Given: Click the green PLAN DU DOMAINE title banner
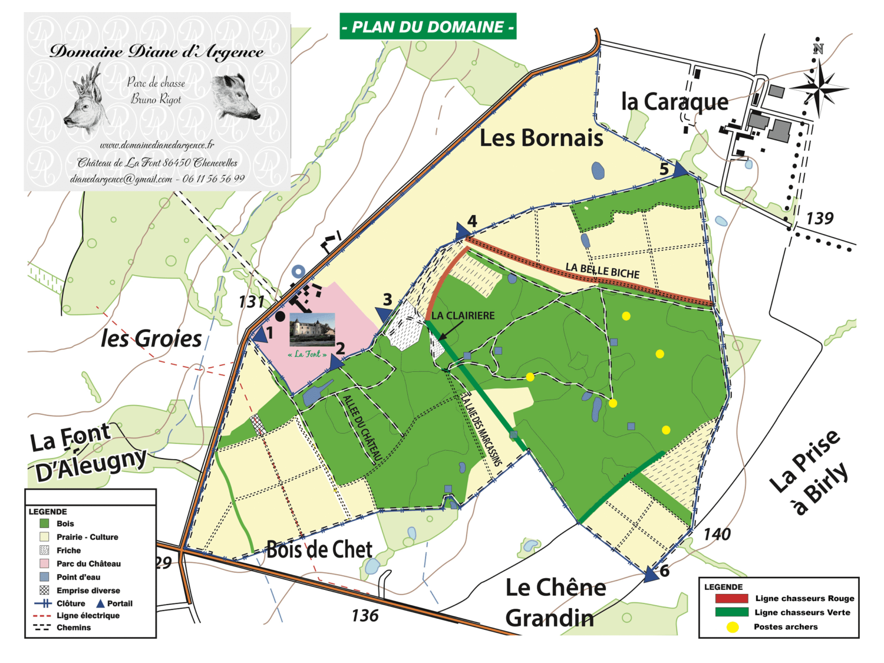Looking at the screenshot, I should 428,27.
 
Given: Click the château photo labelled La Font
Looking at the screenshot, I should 312,329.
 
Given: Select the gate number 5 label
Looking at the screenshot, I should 664,169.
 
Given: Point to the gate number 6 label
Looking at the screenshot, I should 665,570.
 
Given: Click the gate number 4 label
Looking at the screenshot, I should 472,221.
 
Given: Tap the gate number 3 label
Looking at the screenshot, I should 387,299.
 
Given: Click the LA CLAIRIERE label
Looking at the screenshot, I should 463,316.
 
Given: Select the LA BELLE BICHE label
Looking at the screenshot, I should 602,271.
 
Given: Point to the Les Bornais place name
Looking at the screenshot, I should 541,138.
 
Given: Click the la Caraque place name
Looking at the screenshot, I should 675,102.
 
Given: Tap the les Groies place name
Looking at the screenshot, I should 151,339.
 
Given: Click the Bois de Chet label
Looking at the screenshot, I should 319,549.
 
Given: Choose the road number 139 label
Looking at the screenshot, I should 819,219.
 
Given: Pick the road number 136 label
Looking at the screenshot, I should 365,616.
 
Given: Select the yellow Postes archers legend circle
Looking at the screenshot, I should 732,627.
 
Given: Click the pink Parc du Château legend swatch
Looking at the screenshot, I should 44,563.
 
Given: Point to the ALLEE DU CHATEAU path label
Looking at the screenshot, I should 362,428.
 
